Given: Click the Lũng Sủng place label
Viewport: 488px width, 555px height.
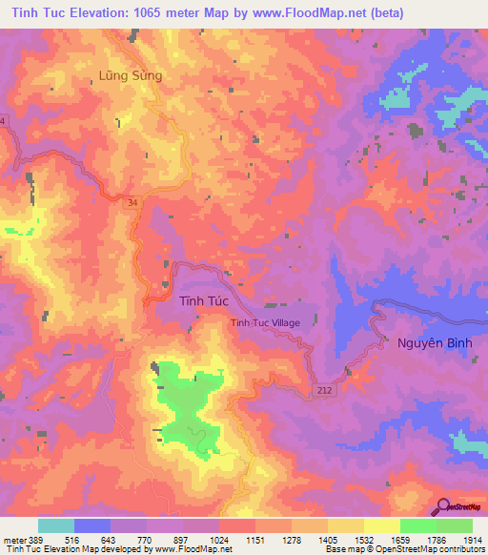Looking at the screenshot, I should (x=131, y=74).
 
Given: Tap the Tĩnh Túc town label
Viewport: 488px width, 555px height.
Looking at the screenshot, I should (x=202, y=301).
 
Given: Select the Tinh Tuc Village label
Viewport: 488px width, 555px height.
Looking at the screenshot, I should (x=265, y=323).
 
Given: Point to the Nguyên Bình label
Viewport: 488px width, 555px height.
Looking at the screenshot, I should (x=429, y=342).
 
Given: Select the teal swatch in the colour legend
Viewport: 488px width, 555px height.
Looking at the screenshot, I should (x=56, y=525).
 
